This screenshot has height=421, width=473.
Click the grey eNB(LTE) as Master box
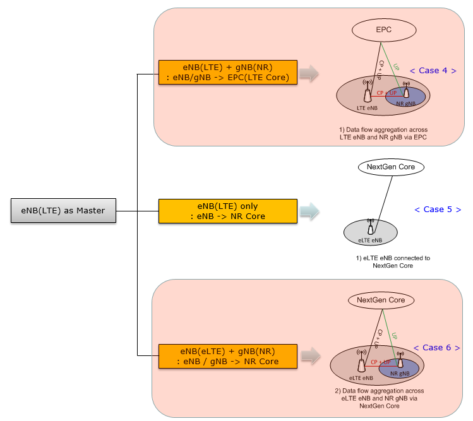[63, 211]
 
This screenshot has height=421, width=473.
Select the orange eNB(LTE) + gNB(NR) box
[227, 73]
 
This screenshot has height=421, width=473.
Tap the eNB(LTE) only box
[227, 211]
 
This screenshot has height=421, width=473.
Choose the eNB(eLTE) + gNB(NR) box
[227, 357]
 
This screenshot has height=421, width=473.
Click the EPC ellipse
[383, 30]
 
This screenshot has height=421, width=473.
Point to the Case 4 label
[433, 71]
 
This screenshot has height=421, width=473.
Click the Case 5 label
[438, 210]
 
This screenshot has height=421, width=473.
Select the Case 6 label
[436, 348]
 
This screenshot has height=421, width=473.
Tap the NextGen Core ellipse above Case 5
[391, 167]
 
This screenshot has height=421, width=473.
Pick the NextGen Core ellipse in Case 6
[380, 300]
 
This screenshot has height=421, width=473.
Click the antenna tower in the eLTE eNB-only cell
[371, 227]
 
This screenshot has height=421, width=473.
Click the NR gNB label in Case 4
[405, 103]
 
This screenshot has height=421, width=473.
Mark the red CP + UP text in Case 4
[386, 93]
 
